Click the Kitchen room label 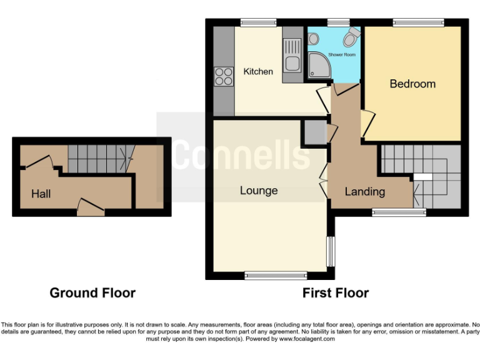click(x=258, y=72)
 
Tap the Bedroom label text click(x=412, y=84)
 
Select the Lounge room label click(x=259, y=191)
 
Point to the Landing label click(x=365, y=192)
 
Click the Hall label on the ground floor click(x=41, y=194)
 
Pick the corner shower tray click(x=319, y=65)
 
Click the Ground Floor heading click(x=92, y=292)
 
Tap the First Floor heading click(x=336, y=292)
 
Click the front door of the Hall click(x=90, y=207)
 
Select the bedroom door click(x=367, y=121)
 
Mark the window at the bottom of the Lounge click(x=276, y=274)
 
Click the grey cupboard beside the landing click(x=314, y=132)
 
